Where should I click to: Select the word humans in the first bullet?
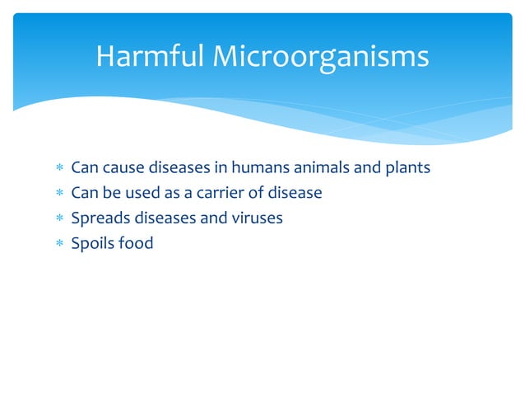pyautogui.click(x=263, y=168)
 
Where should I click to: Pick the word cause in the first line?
pyautogui.click(x=123, y=168)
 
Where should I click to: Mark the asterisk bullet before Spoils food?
pyautogui.click(x=59, y=244)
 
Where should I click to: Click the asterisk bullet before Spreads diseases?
pyautogui.click(x=59, y=218)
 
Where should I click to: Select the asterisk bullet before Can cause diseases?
pyautogui.click(x=59, y=168)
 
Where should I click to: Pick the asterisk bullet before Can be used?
pyautogui.click(x=59, y=194)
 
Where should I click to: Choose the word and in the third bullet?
pyautogui.click(x=212, y=218)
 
